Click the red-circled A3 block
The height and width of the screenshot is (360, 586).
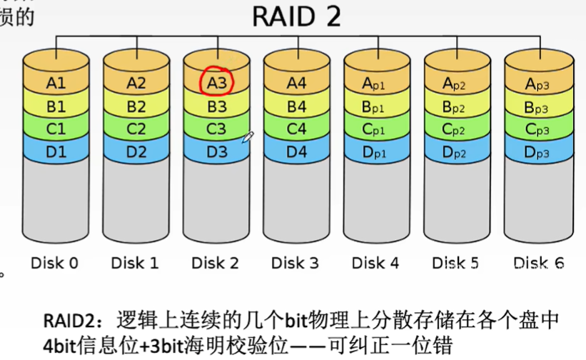coord(216,83)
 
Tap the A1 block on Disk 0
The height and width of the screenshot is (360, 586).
coord(56,83)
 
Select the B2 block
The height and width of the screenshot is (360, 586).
coord(136,106)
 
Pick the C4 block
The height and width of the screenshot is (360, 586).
coord(296,129)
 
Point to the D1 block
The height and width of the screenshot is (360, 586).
coord(56,151)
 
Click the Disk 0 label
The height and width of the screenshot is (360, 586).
coord(55,263)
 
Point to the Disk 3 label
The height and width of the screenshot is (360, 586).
coord(295,263)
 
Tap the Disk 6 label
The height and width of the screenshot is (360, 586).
coord(538,263)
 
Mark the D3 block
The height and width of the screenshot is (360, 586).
coord(216,151)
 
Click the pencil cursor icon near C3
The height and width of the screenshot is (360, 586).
coord(248,136)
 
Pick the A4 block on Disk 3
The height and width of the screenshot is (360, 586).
coord(296,83)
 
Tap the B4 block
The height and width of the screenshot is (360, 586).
coord(296,106)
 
